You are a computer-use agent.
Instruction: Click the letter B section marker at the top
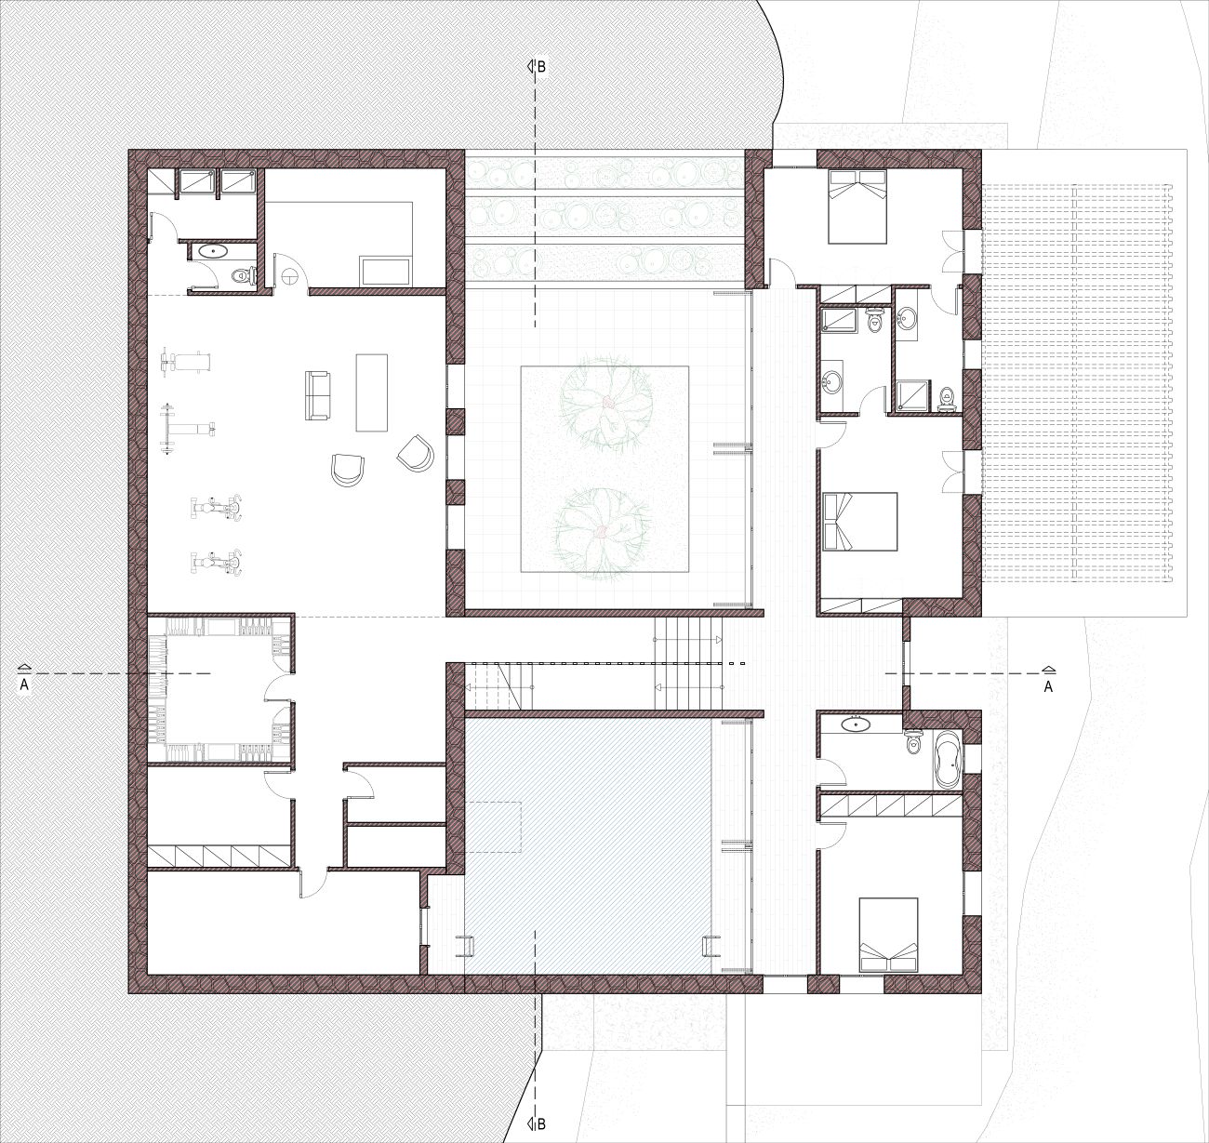coord(541,67)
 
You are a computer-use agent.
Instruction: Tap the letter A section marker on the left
coord(24,685)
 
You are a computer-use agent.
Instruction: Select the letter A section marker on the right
coord(1048,687)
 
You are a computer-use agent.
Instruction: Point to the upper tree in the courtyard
coord(605,405)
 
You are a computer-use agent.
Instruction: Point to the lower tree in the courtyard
coord(601,533)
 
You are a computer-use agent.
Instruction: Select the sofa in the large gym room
coord(317,395)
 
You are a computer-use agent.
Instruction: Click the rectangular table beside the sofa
coord(371,392)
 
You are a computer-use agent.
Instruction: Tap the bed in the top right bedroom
coord(857,206)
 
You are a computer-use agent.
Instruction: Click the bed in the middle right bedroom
coord(859,522)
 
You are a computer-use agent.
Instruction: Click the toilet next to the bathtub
coord(914,742)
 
